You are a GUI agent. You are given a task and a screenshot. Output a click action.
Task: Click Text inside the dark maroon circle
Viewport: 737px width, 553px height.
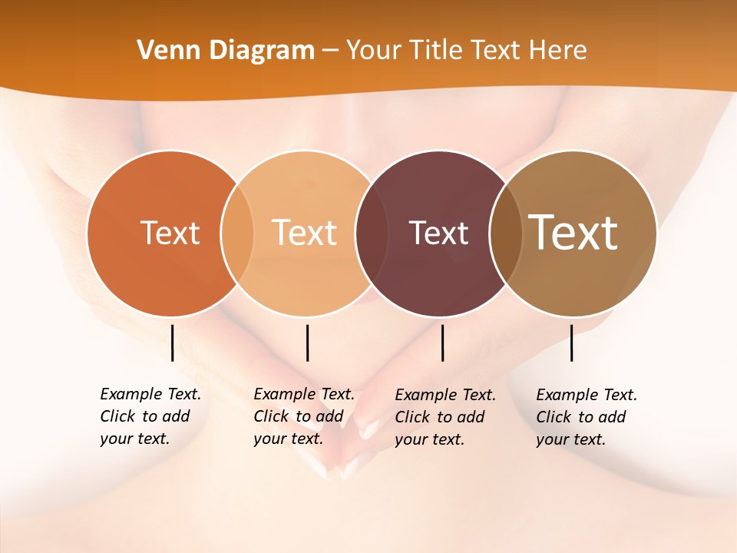coord(438,233)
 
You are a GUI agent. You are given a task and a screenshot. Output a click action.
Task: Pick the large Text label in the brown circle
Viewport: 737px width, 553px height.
coord(573,232)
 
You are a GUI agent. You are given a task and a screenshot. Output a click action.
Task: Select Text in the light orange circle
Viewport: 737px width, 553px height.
coord(305,233)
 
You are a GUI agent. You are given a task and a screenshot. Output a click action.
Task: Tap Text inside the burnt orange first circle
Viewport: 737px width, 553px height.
coord(170,233)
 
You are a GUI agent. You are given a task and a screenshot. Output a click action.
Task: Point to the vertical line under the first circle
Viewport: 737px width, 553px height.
coord(173,343)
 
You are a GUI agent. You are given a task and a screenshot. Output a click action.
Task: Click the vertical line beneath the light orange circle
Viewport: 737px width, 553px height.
coord(307,343)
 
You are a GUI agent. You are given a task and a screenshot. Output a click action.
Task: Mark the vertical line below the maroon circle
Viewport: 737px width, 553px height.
coord(442,343)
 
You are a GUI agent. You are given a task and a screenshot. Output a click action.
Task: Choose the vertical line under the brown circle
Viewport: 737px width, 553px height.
coord(571,343)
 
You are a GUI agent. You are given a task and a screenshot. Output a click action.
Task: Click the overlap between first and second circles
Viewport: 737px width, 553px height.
coord(237,233)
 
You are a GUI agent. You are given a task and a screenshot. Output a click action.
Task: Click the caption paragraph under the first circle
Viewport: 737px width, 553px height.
coord(150,416)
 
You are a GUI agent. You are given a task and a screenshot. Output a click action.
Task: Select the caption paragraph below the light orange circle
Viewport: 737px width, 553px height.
coord(303,416)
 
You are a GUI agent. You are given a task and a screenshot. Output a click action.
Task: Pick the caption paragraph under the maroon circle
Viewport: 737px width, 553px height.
coord(445,417)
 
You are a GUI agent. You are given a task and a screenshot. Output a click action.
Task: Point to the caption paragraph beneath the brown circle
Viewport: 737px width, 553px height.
coord(586,417)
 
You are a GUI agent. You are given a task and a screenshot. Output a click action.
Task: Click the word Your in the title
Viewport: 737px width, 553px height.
coord(375,51)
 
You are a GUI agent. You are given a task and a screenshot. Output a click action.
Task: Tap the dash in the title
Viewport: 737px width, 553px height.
coord(330,51)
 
